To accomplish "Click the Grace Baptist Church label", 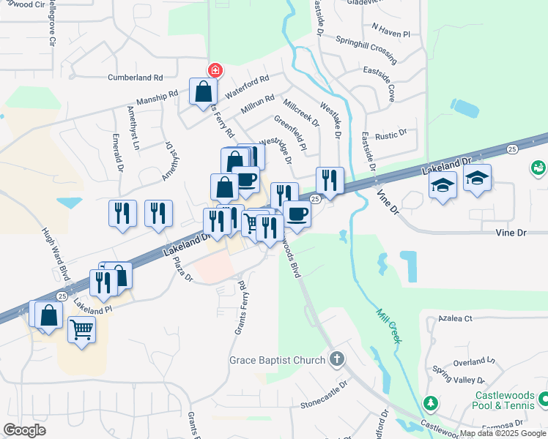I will pyautogui.click(x=277, y=359).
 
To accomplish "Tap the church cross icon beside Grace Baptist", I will pyautogui.click(x=336, y=359).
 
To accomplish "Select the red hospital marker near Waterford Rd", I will pyautogui.click(x=216, y=70).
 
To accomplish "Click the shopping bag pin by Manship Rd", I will pyautogui.click(x=203, y=92).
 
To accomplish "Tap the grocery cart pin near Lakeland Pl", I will pyautogui.click(x=81, y=329).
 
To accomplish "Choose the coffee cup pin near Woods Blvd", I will pyautogui.click(x=297, y=214).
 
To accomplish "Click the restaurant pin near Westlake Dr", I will pyautogui.click(x=330, y=180).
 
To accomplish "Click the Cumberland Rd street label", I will pyautogui.click(x=135, y=77).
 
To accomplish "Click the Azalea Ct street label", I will pyautogui.click(x=456, y=319).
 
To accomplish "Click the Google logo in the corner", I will pyautogui.click(x=24, y=430).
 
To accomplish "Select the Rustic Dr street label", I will pyautogui.click(x=390, y=135).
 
